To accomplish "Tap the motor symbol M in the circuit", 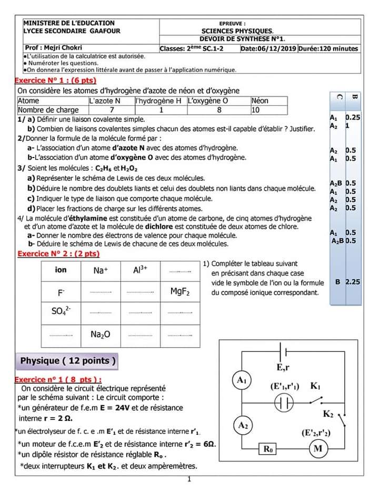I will pyautogui.click(x=317, y=448).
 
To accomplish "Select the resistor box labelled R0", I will pyautogui.click(x=269, y=449).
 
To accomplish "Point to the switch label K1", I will pyautogui.click(x=315, y=386).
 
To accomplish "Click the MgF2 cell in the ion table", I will pyautogui.click(x=180, y=292).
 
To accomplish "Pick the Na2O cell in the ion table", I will pyautogui.click(x=100, y=335).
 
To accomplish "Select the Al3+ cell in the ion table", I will pyautogui.click(x=140, y=270).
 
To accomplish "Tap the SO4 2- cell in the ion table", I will pyautogui.click(x=61, y=312).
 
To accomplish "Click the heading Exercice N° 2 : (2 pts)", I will pyautogui.click(x=58, y=253).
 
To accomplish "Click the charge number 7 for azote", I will pyautogui.click(x=112, y=110).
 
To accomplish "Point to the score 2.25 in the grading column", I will pyautogui.click(x=353, y=282).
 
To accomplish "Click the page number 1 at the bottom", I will pyautogui.click(x=189, y=479).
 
